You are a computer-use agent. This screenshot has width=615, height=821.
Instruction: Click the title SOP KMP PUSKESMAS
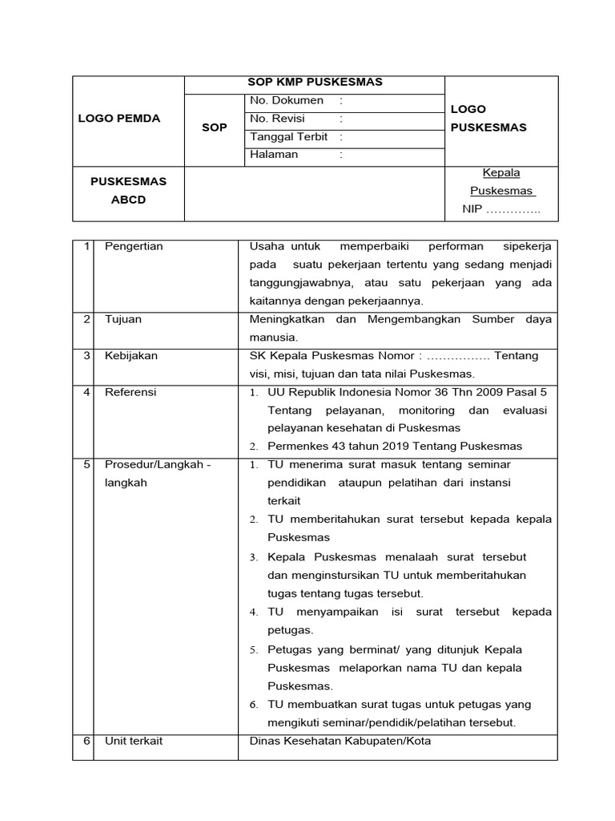pyautogui.click(x=315, y=82)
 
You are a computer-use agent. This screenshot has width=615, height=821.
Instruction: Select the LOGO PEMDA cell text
pyautogui.click(x=119, y=119)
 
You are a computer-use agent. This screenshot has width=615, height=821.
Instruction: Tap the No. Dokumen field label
pyautogui.click(x=287, y=101)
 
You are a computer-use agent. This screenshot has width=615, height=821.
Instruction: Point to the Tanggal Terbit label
pyautogui.click(x=289, y=137)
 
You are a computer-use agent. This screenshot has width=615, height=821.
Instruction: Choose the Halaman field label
pyautogui.click(x=274, y=155)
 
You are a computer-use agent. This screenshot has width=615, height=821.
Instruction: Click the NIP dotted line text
pyautogui.click(x=501, y=210)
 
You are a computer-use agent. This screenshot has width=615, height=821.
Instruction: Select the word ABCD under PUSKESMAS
pyautogui.click(x=128, y=200)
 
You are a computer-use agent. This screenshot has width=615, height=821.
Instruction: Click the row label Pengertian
pyautogui.click(x=134, y=246)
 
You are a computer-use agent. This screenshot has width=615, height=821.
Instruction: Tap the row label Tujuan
pyautogui.click(x=123, y=319)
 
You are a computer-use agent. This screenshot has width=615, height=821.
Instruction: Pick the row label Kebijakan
pyautogui.click(x=131, y=355)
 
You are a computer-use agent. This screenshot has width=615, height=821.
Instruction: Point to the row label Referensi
pyautogui.click(x=131, y=392)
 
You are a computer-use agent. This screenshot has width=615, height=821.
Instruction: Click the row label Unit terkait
pyautogui.click(x=134, y=741)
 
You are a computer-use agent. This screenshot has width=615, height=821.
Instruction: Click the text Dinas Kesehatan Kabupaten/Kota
pyautogui.click(x=340, y=741)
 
